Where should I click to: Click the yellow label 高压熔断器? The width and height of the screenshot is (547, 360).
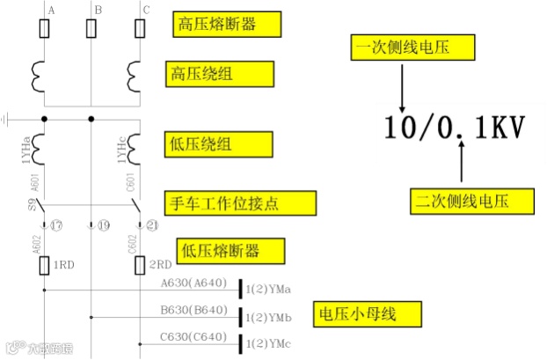click(226, 24)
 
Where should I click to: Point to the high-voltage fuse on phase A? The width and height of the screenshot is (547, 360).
click(44, 30)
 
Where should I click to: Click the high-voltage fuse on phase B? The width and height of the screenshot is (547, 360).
click(91, 30)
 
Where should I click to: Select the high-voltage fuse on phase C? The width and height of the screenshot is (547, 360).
click(139, 30)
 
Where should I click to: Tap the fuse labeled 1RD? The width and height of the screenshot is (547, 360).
click(44, 264)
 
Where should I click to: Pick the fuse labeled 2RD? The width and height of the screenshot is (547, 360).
click(139, 264)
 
